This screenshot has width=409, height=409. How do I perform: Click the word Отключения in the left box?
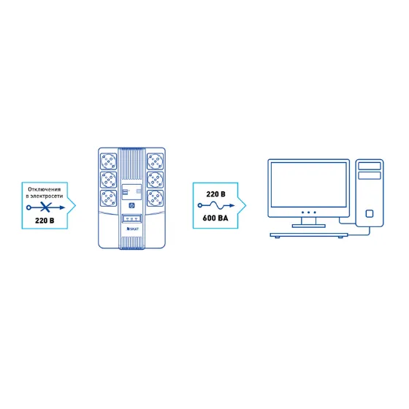tap(45, 189)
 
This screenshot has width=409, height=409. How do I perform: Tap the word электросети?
tap(47, 196)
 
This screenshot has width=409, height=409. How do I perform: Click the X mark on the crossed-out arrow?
tap(46, 207)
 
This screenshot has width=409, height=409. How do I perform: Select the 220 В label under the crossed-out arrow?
tap(45, 221)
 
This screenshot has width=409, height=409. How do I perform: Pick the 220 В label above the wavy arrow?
tap(215, 194)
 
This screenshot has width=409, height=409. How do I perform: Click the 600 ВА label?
tap(215, 218)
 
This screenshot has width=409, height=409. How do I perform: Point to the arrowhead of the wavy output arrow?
tap(232, 205)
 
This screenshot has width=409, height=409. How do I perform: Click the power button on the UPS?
tap(131, 205)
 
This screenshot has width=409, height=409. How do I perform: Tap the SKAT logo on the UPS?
tap(132, 229)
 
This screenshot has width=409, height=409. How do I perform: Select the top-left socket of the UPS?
tap(109, 161)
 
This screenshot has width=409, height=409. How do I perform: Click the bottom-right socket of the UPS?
tap(155, 198)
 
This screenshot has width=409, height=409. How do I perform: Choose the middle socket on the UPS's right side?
tap(155, 180)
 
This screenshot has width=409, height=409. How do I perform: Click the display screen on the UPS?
tap(131, 192)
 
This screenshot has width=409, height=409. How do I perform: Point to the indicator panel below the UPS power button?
tap(131, 218)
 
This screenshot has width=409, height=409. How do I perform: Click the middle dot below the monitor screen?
tap(308, 213)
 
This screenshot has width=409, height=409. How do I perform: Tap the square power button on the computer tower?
tap(370, 213)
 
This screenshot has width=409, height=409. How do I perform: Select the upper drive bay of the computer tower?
tap(370, 166)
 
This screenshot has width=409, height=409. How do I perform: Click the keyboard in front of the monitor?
tap(309, 235)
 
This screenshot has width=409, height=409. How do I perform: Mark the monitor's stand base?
tap(308, 226)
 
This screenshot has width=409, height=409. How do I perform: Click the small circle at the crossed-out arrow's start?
tap(28, 207)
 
